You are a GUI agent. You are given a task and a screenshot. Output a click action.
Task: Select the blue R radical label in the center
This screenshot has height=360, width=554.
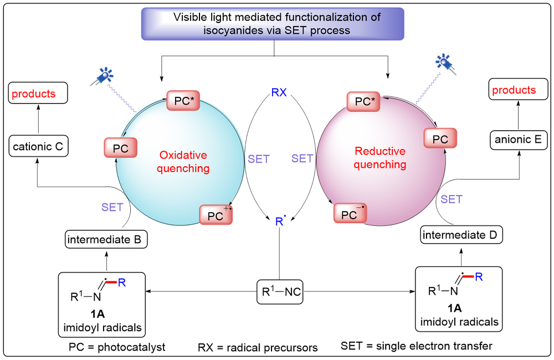(x=280, y=223)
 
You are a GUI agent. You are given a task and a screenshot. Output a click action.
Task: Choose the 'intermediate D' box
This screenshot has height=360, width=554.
(x=462, y=235)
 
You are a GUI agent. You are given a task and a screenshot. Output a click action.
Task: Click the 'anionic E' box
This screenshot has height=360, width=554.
(x=519, y=140)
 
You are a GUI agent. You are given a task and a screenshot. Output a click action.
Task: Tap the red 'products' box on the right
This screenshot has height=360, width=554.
(x=514, y=90)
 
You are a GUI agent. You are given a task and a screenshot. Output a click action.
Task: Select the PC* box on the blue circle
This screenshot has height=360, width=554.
(x=182, y=102)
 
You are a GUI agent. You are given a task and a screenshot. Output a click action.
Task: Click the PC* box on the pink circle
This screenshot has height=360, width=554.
(x=363, y=102)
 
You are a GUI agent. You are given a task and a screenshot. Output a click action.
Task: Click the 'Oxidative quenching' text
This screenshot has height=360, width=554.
(x=184, y=161)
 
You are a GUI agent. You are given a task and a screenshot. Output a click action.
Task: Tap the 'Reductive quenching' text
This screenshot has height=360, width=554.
(x=380, y=157)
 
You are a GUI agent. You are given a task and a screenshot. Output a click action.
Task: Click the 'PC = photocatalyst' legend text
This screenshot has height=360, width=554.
(x=117, y=347)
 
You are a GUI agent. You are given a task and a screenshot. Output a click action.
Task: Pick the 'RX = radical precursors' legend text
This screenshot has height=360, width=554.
(x=258, y=348)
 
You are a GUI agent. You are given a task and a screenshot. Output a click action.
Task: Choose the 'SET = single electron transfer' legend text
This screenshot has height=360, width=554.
(x=417, y=346)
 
